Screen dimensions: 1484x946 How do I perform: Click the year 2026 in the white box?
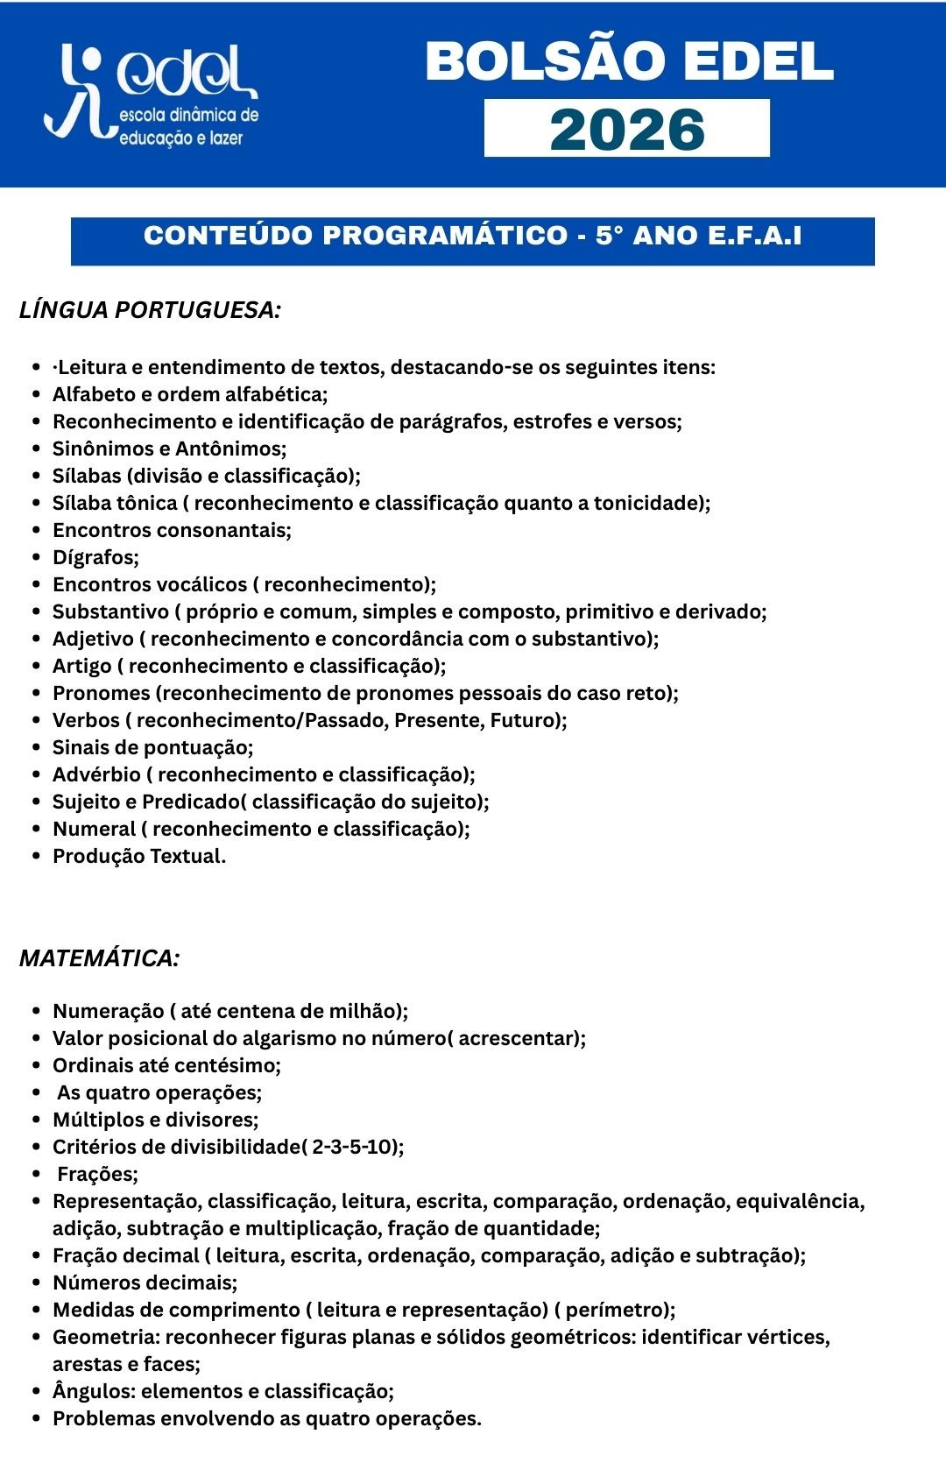[x=626, y=129]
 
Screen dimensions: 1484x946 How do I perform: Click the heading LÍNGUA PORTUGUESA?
[x=150, y=310]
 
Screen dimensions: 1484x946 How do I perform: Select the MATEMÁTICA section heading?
[x=99, y=958]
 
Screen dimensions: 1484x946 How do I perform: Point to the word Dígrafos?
[x=95, y=557]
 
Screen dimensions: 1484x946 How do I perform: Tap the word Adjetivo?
[x=93, y=639]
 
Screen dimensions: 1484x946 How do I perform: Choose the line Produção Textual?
[x=139, y=856]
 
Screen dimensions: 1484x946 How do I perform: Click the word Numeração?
[x=108, y=1011]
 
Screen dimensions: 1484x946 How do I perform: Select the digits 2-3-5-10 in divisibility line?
[x=353, y=1147]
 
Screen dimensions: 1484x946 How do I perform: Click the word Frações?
[x=97, y=1174]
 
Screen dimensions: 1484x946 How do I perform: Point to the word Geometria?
[x=105, y=1337]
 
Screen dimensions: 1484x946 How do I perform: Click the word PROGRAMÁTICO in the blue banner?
[x=445, y=236]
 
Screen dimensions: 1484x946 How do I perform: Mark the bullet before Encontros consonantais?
[x=36, y=531]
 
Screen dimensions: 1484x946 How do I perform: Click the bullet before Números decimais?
[x=36, y=1283]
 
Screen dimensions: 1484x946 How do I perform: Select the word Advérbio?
[x=96, y=774]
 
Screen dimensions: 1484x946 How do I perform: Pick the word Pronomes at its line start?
[x=102, y=693]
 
